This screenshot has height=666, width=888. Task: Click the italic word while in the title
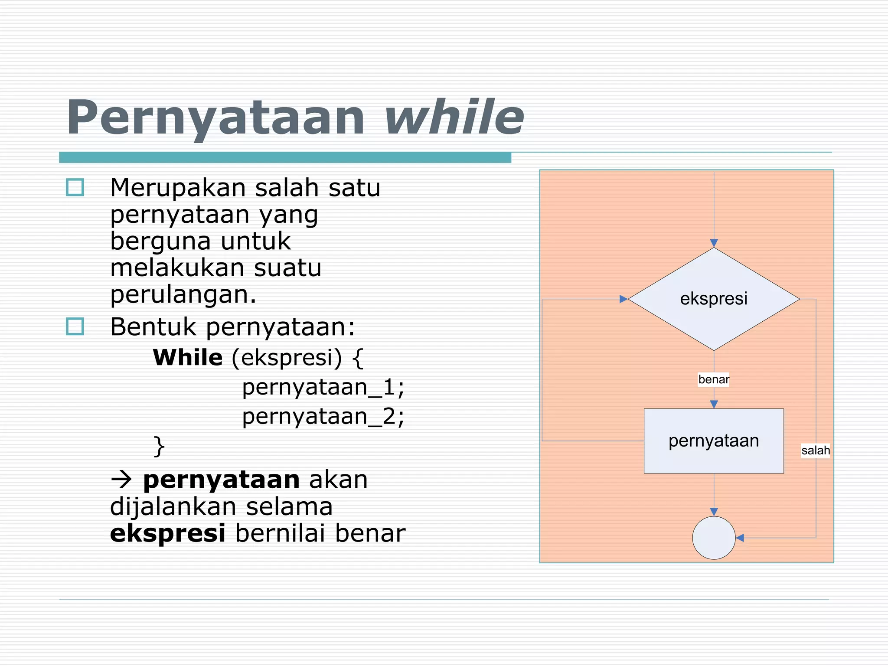click(454, 117)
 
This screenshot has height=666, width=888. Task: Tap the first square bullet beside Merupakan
click(75, 188)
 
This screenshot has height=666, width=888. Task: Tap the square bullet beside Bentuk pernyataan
click(75, 326)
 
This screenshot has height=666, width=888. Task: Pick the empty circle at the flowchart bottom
click(714, 538)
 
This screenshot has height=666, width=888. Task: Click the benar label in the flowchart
click(713, 379)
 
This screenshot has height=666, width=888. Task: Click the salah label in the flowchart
click(815, 451)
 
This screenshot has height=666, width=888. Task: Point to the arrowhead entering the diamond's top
click(714, 243)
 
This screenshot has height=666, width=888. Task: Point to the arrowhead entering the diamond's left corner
click(623, 299)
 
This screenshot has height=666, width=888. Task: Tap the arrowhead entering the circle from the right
click(740, 538)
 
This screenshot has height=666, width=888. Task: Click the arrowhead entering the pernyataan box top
click(714, 404)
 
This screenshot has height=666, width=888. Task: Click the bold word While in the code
click(188, 358)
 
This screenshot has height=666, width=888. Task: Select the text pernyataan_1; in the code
click(323, 387)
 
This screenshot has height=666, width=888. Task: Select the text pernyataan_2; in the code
click(323, 417)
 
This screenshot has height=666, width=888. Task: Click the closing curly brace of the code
click(159, 446)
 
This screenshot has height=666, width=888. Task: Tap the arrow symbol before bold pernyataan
click(121, 480)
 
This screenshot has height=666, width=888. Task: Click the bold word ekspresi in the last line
click(167, 533)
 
